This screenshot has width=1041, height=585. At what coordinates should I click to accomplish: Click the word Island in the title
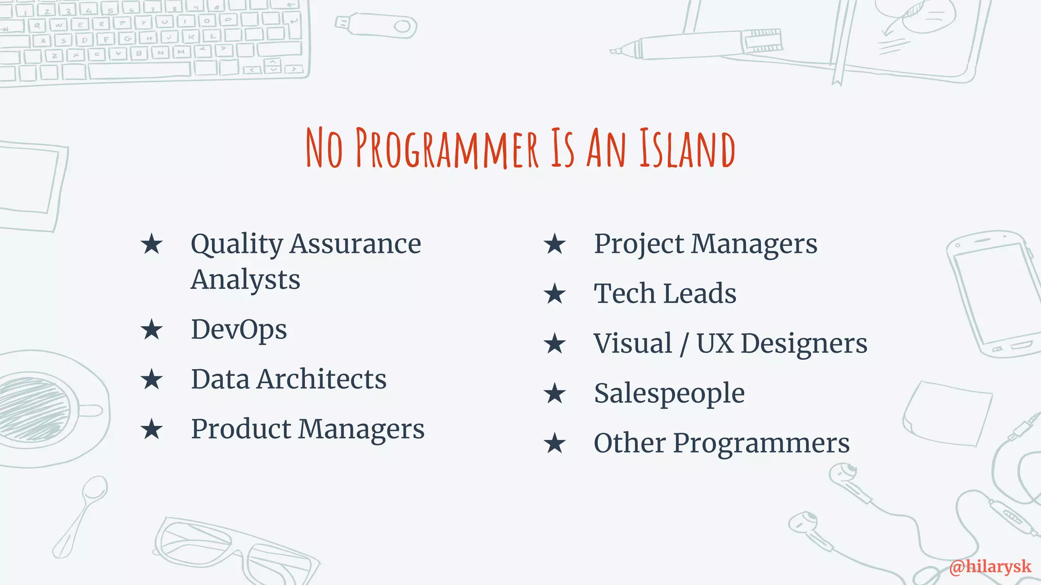tap(687, 148)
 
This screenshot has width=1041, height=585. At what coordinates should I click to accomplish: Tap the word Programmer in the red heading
tap(446, 148)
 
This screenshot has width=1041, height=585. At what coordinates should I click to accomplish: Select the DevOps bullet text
tap(239, 330)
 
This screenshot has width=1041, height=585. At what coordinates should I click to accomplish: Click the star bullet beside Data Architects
tap(151, 379)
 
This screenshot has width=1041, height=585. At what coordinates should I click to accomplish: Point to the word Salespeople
tap(669, 394)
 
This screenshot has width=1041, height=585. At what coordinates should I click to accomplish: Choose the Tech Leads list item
tap(665, 294)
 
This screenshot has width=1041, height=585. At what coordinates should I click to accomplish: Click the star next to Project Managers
tap(554, 244)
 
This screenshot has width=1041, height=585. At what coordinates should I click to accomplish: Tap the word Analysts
tap(246, 280)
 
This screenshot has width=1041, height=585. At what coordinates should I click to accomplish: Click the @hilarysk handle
tap(990, 566)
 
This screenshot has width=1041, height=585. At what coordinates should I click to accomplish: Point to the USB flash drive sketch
tap(376, 25)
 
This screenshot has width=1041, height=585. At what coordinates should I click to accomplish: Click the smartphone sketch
tap(994, 295)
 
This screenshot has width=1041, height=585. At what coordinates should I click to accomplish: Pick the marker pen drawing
tap(701, 43)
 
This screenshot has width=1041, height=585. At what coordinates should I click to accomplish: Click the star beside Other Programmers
tap(554, 443)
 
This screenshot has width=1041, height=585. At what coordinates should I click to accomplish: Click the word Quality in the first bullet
tap(236, 244)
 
